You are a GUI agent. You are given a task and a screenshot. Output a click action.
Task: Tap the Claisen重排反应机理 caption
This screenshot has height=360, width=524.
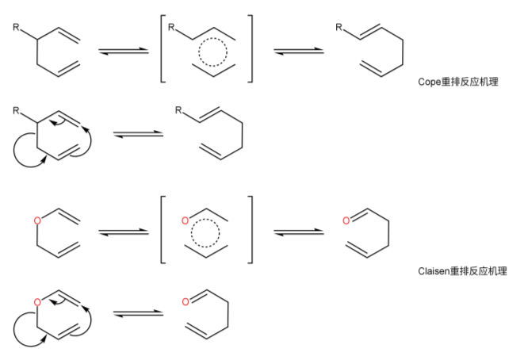462,271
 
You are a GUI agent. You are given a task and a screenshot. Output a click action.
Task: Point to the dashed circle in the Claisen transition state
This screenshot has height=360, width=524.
210,234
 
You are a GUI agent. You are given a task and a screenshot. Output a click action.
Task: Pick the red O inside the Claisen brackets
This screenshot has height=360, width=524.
185,220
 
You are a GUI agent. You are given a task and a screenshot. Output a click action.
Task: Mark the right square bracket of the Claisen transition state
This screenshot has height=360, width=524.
251,230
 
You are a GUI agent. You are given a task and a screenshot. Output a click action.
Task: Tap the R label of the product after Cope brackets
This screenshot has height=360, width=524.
338,28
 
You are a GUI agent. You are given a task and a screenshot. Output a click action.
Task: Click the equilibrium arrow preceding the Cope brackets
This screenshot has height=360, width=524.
124,52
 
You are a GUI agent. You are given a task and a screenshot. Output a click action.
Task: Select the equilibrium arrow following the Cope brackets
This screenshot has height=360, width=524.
298,52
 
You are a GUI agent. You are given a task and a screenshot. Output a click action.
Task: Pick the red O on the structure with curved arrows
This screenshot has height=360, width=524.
36,302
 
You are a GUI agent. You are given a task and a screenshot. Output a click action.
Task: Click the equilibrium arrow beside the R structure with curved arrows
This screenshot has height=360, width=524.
138,135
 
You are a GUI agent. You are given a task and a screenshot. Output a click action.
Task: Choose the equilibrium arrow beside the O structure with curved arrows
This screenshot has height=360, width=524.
138,315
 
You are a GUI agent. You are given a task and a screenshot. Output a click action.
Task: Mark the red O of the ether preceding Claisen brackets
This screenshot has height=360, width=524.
36,220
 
